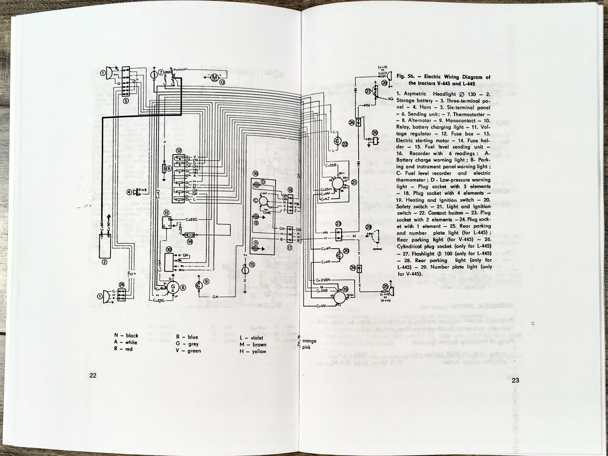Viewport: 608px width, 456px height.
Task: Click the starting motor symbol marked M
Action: (214, 77)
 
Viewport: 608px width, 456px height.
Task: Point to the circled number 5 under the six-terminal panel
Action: (125, 100)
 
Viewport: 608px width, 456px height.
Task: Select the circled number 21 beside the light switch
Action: (354, 182)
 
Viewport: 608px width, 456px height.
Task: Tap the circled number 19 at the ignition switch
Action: (345, 289)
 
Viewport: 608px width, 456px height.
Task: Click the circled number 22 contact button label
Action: (345, 144)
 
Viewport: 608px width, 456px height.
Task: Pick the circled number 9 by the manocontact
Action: (206, 281)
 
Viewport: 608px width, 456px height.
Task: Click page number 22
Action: (93, 375)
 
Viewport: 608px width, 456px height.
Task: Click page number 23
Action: (515, 381)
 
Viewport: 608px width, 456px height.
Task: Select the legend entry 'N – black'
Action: (126, 336)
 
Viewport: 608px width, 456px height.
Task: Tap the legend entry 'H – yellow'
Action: (253, 351)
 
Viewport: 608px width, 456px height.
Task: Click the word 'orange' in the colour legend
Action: (309, 341)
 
